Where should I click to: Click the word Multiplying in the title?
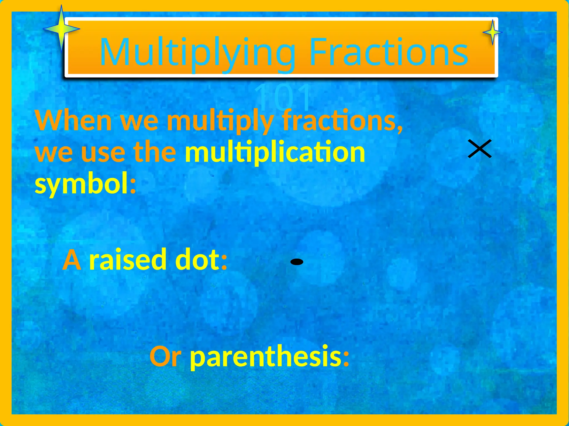198,53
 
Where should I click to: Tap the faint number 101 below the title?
283,97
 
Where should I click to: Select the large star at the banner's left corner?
61,29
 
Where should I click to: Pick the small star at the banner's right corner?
493,32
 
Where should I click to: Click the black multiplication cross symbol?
480,149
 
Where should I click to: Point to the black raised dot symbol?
297,262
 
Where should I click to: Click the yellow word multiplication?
275,152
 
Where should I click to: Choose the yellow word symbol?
82,184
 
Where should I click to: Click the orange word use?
103,152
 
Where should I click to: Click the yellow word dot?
198,260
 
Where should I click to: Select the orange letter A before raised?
72,260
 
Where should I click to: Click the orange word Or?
166,357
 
